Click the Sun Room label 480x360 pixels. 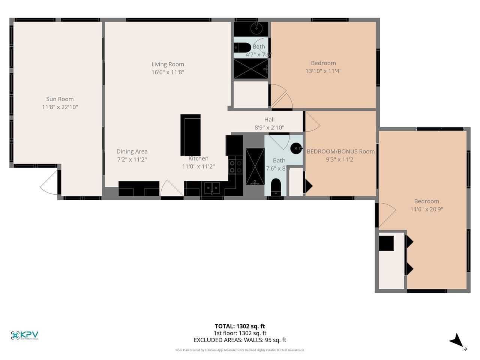(x=60, y=99)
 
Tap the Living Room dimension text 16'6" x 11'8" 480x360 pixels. (x=168, y=72)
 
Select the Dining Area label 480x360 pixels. (x=132, y=151)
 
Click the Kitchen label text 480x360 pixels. (x=198, y=159)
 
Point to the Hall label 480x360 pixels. (x=269, y=120)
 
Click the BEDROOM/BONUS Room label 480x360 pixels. (x=340, y=151)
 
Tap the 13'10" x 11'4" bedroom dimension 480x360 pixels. (x=323, y=71)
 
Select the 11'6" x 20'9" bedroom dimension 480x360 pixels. (x=427, y=209)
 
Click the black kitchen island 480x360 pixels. (x=191, y=135)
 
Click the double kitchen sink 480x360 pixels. (x=212, y=187)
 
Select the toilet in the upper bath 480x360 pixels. (x=243, y=48)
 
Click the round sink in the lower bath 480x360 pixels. (x=296, y=148)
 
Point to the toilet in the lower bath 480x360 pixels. (x=276, y=186)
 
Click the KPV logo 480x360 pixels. (x=25, y=335)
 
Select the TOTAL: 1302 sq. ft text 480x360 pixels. (x=240, y=326)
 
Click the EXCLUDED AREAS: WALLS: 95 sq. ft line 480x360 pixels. (x=240, y=340)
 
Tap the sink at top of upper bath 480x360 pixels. (x=257, y=27)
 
